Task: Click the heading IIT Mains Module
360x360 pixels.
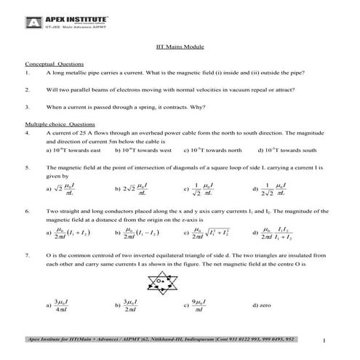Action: coord(180,47)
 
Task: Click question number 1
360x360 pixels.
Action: coord(27,73)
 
